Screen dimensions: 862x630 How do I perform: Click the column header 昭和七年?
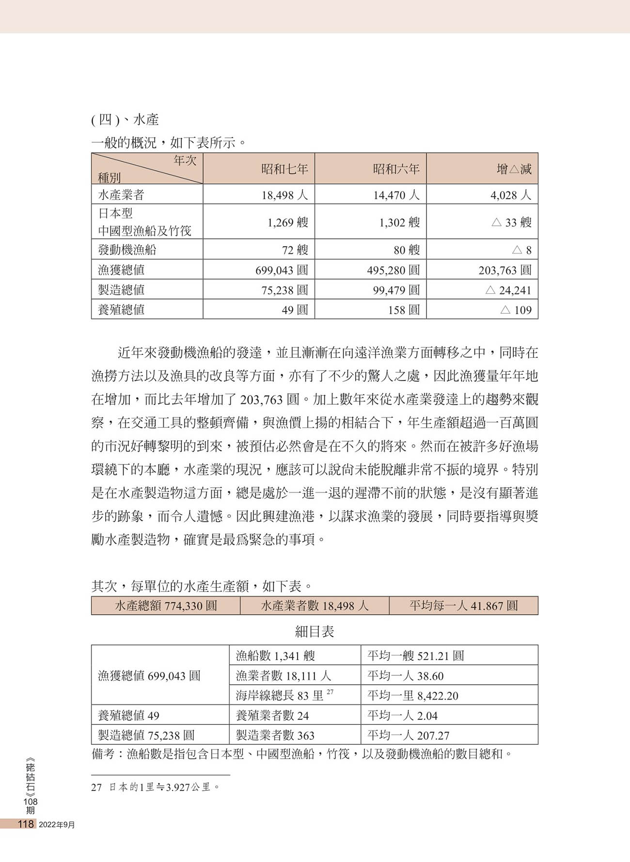(x=284, y=169)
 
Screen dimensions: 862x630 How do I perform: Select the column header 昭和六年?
(x=396, y=169)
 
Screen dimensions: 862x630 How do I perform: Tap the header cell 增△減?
(x=514, y=169)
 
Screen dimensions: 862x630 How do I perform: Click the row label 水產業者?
(x=121, y=195)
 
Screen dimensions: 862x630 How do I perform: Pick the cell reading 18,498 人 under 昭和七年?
(x=284, y=195)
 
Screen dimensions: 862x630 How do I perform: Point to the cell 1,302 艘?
(x=399, y=223)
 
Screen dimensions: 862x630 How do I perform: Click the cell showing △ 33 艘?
(x=511, y=223)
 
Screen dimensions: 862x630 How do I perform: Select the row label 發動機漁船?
(x=127, y=250)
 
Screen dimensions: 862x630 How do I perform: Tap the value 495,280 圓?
(x=393, y=270)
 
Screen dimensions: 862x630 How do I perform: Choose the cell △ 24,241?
(x=508, y=290)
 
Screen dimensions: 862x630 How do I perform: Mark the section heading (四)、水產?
(x=125, y=120)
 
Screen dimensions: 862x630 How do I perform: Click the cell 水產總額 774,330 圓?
(x=166, y=606)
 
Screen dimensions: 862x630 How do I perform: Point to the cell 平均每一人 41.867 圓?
(x=463, y=606)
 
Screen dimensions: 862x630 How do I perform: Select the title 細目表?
(x=315, y=631)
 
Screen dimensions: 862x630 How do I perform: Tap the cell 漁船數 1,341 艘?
(x=275, y=655)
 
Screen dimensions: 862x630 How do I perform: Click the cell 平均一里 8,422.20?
(x=412, y=696)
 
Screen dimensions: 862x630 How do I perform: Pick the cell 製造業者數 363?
(x=275, y=735)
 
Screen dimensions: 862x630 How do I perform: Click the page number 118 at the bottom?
(x=25, y=824)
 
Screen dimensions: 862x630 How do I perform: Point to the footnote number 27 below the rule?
(x=96, y=787)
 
